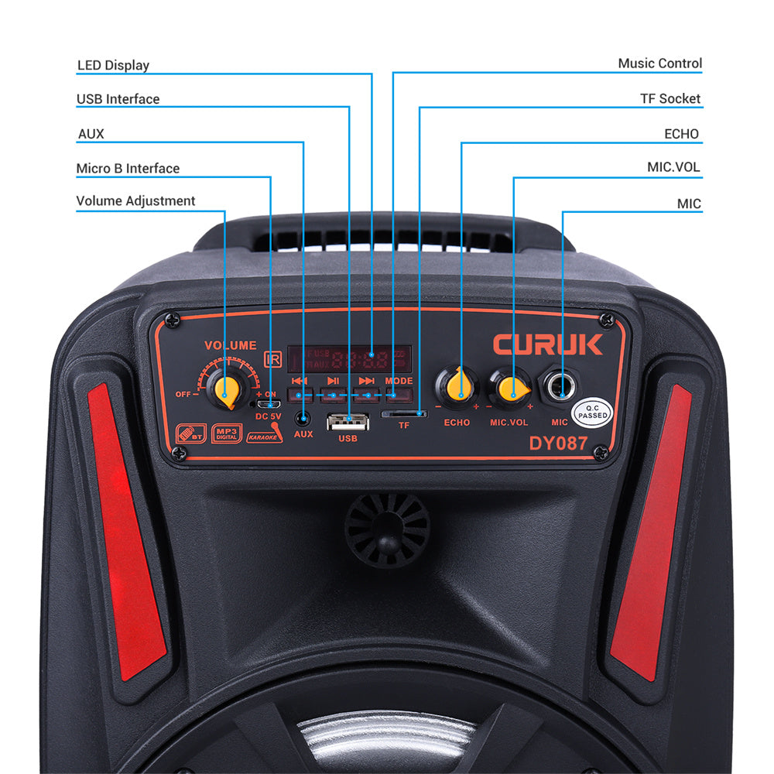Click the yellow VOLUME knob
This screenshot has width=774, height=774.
point(226,389)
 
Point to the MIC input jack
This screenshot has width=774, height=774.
point(560,385)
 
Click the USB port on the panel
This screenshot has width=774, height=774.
point(348,423)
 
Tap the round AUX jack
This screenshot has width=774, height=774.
point(303,419)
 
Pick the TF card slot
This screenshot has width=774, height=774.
point(404,414)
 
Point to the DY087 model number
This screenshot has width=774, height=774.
point(558,444)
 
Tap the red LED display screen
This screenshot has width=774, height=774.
point(350,358)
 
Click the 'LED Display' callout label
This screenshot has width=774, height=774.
point(113,65)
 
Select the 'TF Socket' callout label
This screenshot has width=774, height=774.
point(670,98)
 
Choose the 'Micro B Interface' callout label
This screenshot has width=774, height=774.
point(128,168)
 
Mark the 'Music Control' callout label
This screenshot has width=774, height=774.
point(659,63)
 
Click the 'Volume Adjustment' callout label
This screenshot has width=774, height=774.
point(135,200)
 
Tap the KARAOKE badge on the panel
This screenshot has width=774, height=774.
point(264,436)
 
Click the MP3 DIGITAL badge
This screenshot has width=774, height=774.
point(226,433)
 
